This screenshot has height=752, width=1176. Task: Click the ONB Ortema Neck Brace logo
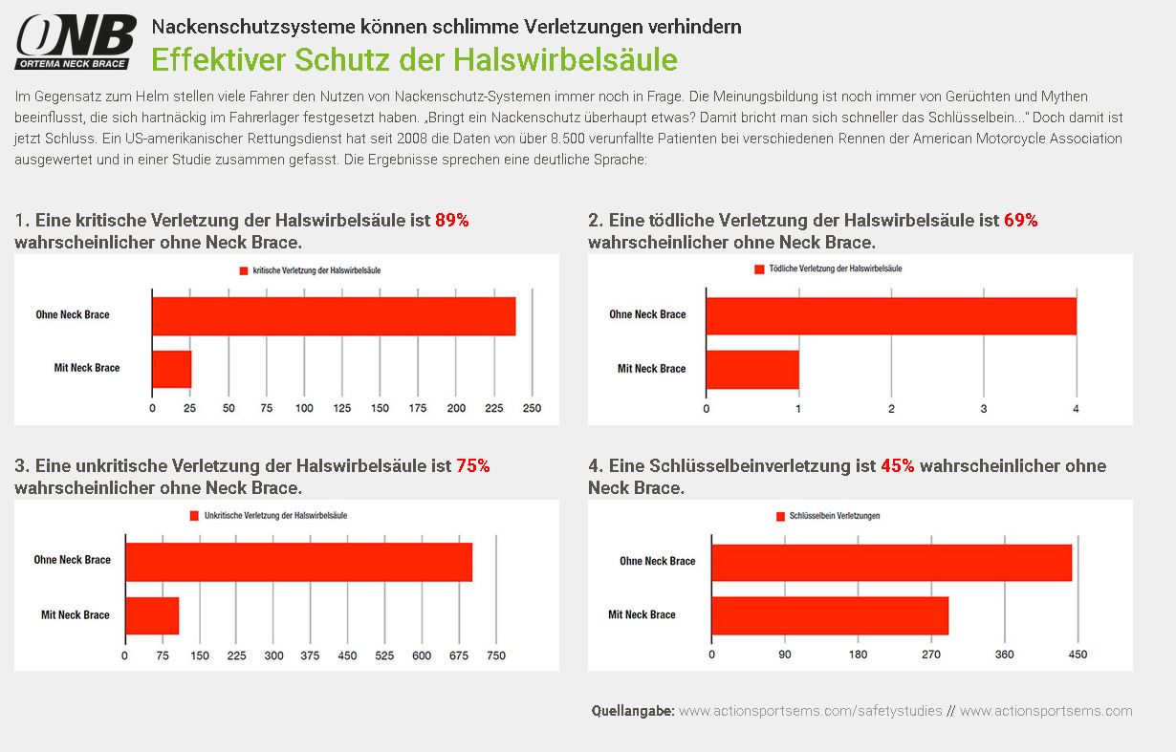point(76,42)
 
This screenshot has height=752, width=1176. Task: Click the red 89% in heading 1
point(451,220)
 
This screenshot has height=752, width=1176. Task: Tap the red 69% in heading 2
point(1020,220)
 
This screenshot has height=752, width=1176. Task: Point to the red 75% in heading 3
point(472,465)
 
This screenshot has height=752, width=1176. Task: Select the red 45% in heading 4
point(897,465)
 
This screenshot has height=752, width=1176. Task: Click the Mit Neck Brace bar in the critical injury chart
point(172,370)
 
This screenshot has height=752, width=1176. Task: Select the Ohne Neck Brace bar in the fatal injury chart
point(891,316)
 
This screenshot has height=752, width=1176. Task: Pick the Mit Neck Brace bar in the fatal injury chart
point(752,370)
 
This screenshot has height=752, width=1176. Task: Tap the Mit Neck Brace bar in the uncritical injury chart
point(152,615)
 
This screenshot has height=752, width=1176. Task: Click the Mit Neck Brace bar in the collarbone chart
point(830,615)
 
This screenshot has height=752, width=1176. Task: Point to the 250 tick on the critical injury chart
point(532,408)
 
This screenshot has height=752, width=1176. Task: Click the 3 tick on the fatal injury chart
point(984,409)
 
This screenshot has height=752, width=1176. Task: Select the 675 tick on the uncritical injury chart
point(459,655)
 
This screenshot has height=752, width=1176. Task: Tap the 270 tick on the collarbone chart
point(931,655)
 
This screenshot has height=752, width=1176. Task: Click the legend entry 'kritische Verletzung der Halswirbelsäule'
point(311,270)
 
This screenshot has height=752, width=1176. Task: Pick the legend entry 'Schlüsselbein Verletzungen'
point(828,516)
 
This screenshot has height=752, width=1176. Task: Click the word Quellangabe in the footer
point(633,711)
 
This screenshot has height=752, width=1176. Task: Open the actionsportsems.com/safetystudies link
point(811,711)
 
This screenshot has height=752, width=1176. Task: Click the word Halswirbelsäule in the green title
point(565,59)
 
